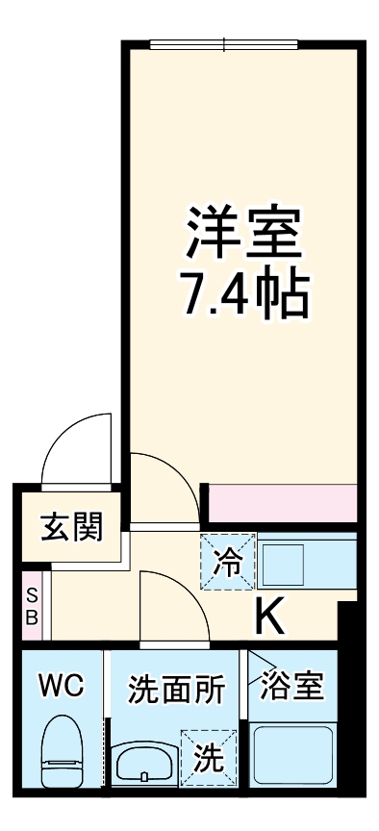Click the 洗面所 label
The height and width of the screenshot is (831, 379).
coord(177,690)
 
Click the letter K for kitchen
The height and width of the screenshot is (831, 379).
coord(270,616)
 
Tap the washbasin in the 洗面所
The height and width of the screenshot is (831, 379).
coord(145,764)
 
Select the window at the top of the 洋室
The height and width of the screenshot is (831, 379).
coord(223,43)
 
